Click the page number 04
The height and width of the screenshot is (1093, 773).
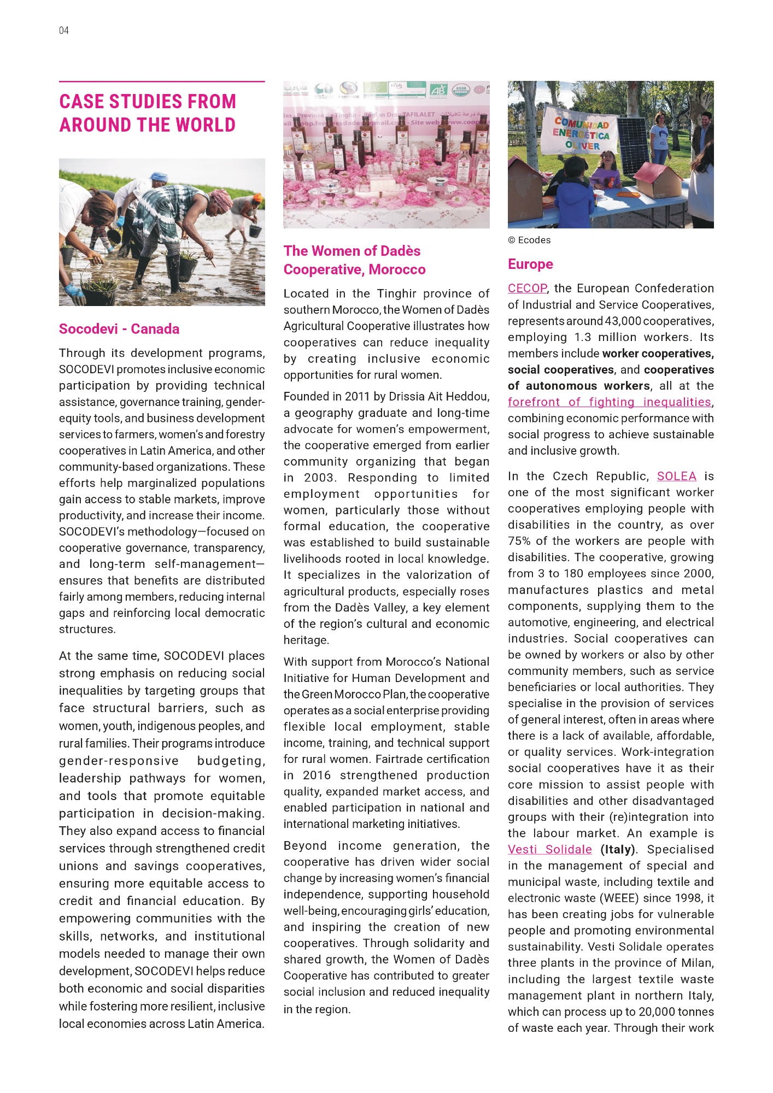coord(64,31)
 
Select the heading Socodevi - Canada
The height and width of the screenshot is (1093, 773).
coord(119,329)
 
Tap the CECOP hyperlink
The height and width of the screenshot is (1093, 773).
coord(527,289)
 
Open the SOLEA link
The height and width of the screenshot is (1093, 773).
coord(676,476)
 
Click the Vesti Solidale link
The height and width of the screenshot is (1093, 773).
coord(549,849)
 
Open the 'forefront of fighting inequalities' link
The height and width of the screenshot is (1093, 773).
coord(609,402)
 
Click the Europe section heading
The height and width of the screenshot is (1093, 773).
coord(530,265)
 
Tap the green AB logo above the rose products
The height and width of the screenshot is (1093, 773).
coord(438,90)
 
